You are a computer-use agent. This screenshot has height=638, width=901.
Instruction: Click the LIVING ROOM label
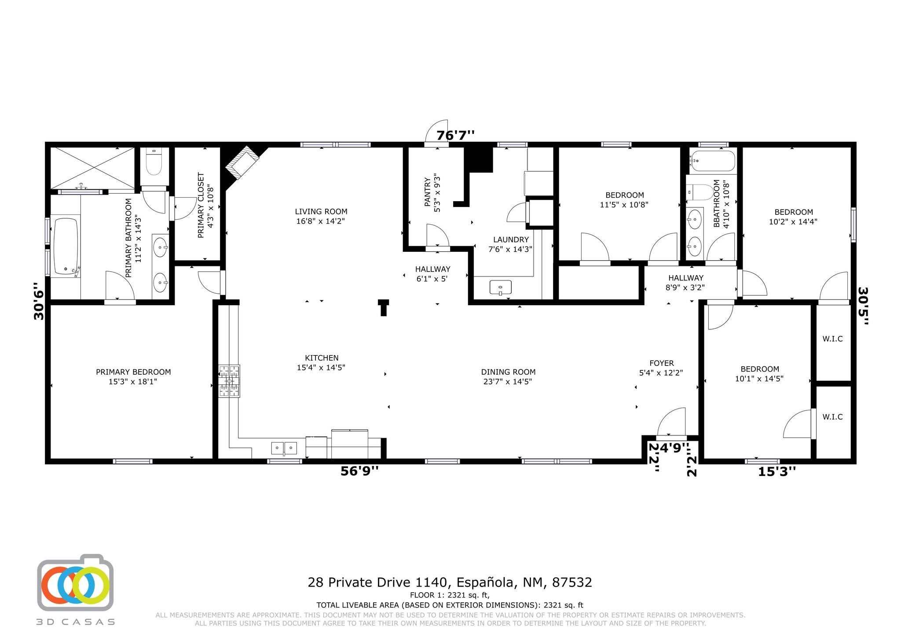click(x=321, y=211)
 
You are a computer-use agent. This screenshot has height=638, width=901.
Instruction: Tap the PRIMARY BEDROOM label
click(x=133, y=372)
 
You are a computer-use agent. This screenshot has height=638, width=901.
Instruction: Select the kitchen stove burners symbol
click(x=229, y=380)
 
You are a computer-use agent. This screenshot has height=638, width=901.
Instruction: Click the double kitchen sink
click(x=284, y=448)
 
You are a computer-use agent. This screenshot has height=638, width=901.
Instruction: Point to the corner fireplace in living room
click(x=243, y=162)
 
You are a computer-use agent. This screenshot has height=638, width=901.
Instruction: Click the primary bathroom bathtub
click(x=66, y=246)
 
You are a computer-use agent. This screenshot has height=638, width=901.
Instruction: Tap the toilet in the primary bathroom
click(x=154, y=162)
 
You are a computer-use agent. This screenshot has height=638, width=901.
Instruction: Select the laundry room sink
click(x=501, y=288)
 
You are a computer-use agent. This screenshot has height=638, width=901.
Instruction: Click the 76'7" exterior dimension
click(x=455, y=135)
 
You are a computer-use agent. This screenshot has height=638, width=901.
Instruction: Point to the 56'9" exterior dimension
click(x=359, y=471)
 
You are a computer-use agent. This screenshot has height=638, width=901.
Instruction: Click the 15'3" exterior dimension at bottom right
click(x=777, y=472)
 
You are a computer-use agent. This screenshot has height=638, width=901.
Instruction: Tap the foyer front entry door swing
click(x=671, y=422)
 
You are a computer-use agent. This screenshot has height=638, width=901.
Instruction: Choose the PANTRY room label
click(x=427, y=192)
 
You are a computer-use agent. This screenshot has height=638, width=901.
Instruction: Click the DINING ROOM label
click(x=508, y=372)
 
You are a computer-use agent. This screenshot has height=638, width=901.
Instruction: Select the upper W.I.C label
click(x=832, y=339)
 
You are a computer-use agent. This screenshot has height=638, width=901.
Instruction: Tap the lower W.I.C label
click(x=832, y=417)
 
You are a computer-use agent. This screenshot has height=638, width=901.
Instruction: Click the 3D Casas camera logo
click(x=75, y=582)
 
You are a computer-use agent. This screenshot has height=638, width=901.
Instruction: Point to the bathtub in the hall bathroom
click(x=713, y=161)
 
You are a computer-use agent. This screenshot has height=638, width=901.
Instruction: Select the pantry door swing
click(x=437, y=235)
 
